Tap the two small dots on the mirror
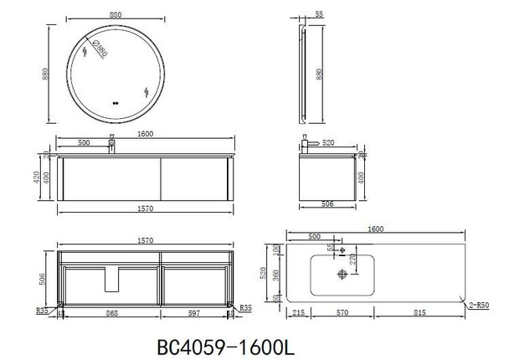(114, 104)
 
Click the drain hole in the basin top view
(342, 273)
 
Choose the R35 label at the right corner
(245, 309)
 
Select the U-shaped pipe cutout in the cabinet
(111, 279)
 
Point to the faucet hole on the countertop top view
(342, 246)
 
